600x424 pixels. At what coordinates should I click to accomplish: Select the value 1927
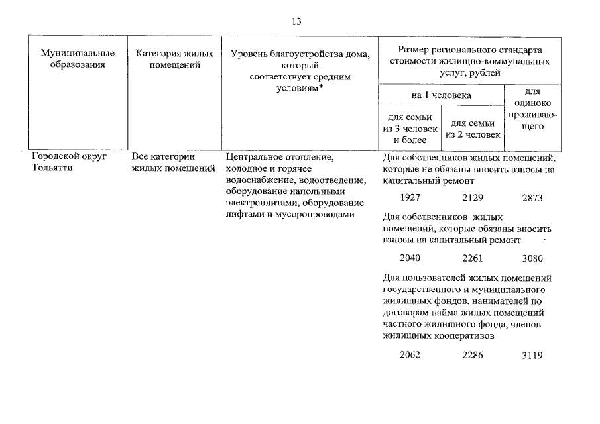[x=410, y=197]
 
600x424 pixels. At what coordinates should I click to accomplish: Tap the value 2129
[x=473, y=197]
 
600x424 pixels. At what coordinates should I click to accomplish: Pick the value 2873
[x=532, y=197]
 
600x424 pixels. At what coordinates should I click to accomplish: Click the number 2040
[x=410, y=258]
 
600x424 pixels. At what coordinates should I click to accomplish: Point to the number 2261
[x=473, y=258]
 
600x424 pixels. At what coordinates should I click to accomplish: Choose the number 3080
[x=532, y=258]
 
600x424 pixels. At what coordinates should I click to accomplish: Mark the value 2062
[x=410, y=354]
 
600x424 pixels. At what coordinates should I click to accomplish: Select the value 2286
[x=473, y=354]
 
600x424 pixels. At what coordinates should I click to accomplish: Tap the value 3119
[x=532, y=355]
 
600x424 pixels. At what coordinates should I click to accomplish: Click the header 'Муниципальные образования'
[x=78, y=59]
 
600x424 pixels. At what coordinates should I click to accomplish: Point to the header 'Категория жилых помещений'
[x=174, y=59]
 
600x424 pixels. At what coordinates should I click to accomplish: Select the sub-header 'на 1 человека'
[x=442, y=95]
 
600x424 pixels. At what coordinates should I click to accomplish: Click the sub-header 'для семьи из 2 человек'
[x=473, y=129]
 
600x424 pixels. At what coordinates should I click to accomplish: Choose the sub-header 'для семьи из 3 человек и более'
[x=410, y=129]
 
